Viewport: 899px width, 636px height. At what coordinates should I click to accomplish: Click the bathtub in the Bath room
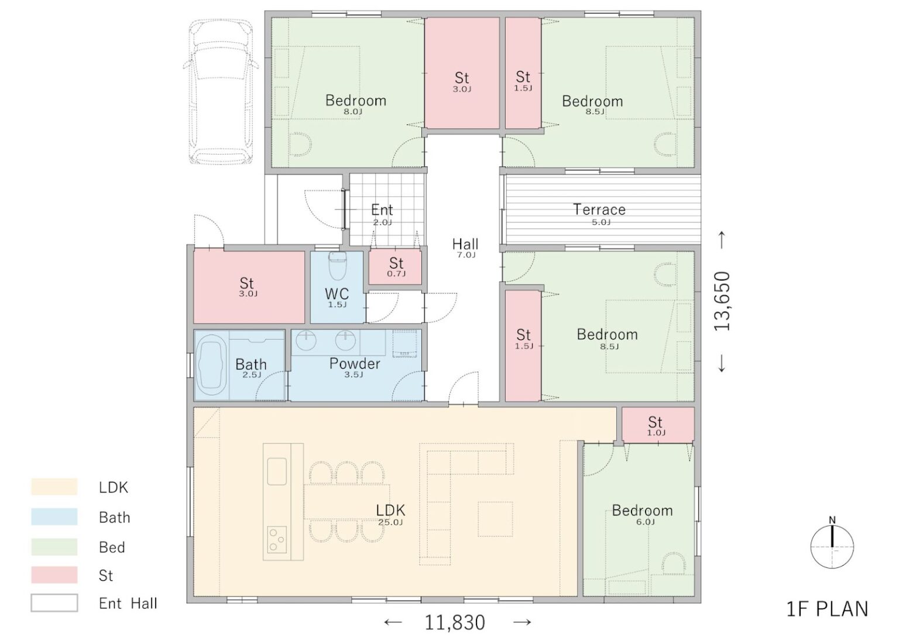point(211,365)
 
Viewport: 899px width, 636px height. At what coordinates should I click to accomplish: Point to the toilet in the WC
point(337,265)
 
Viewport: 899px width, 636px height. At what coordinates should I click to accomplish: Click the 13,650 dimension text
point(722,301)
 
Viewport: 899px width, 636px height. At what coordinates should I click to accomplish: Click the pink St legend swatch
point(54,575)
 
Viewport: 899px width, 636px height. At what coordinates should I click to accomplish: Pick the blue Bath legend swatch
point(54,517)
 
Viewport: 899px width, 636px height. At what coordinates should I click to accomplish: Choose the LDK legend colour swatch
point(54,487)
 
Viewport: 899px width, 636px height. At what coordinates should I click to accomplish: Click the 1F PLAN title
point(827,608)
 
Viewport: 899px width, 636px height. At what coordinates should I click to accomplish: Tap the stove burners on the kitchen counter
point(277,539)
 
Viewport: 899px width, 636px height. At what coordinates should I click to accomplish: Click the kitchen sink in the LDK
point(277,471)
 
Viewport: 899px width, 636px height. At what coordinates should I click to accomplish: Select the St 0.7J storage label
point(396,267)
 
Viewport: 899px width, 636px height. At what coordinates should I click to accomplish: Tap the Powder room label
point(355,367)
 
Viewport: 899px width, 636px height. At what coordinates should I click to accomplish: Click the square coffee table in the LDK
point(495,519)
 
